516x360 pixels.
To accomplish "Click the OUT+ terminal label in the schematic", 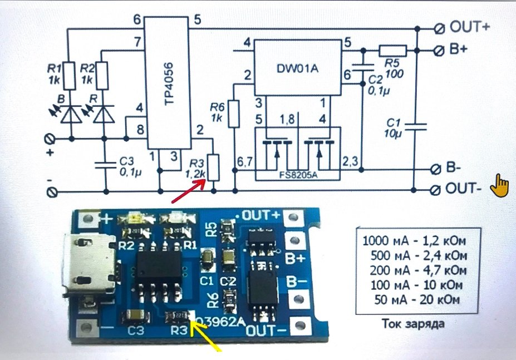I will [469, 26].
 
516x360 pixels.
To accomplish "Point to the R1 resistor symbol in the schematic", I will [68, 76].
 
